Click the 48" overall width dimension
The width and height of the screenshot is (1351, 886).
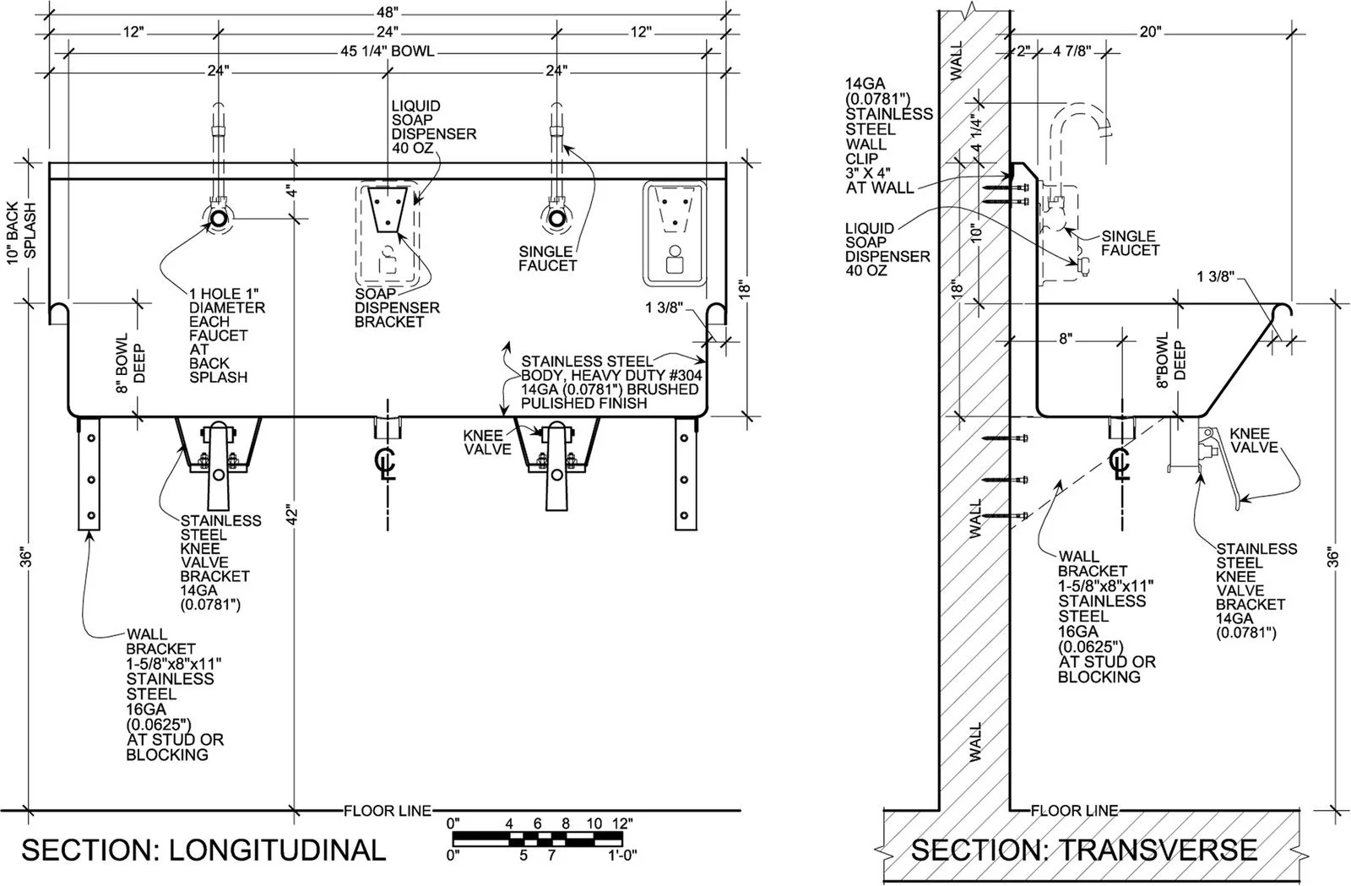(388, 11)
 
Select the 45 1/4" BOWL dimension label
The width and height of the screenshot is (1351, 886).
(387, 52)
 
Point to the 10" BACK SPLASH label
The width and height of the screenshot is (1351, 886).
(23, 233)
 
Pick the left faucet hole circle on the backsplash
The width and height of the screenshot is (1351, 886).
(218, 219)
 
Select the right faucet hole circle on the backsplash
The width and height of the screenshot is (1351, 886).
(556, 219)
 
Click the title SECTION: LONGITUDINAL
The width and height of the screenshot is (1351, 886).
(203, 850)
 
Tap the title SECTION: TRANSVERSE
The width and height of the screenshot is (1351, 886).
(1084, 850)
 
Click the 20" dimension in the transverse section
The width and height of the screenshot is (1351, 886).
(1150, 32)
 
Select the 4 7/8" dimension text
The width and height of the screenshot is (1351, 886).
(1072, 51)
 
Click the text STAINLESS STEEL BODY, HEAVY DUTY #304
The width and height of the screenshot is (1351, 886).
(611, 368)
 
